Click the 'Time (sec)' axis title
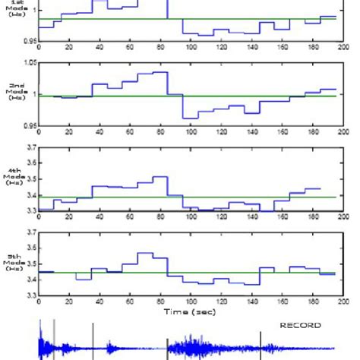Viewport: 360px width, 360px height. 186,311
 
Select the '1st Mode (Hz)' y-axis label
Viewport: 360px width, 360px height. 14,10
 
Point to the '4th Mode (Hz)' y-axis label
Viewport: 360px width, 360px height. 14,177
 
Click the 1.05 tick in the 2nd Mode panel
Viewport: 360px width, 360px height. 30,64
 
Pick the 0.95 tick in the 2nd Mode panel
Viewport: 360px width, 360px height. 30,125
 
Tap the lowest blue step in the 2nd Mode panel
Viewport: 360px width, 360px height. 190,118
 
